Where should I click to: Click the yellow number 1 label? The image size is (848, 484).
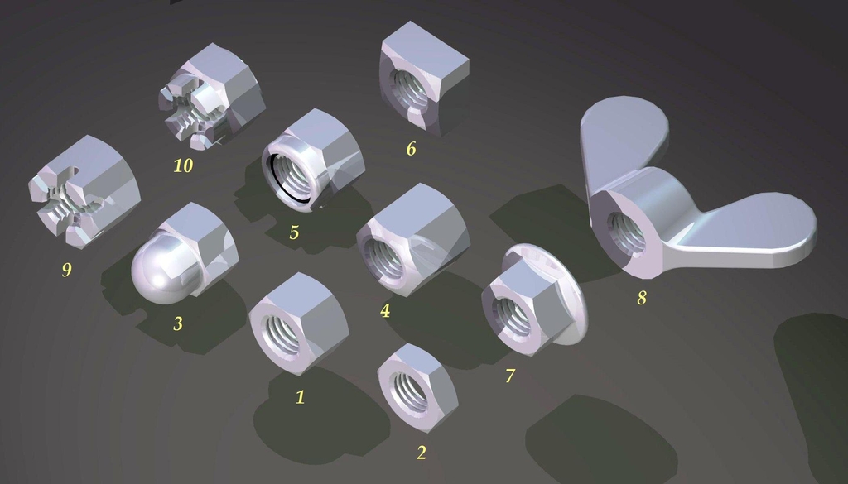click(300, 397)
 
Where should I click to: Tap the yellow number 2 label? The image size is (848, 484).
click(422, 453)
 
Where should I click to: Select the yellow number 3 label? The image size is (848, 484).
click(178, 323)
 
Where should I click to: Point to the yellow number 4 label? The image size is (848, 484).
click(385, 310)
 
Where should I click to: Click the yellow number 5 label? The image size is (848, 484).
click(294, 232)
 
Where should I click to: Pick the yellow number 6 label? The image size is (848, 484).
click(411, 149)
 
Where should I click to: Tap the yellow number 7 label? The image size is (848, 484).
click(510, 376)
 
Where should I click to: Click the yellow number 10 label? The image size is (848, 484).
click(183, 165)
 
